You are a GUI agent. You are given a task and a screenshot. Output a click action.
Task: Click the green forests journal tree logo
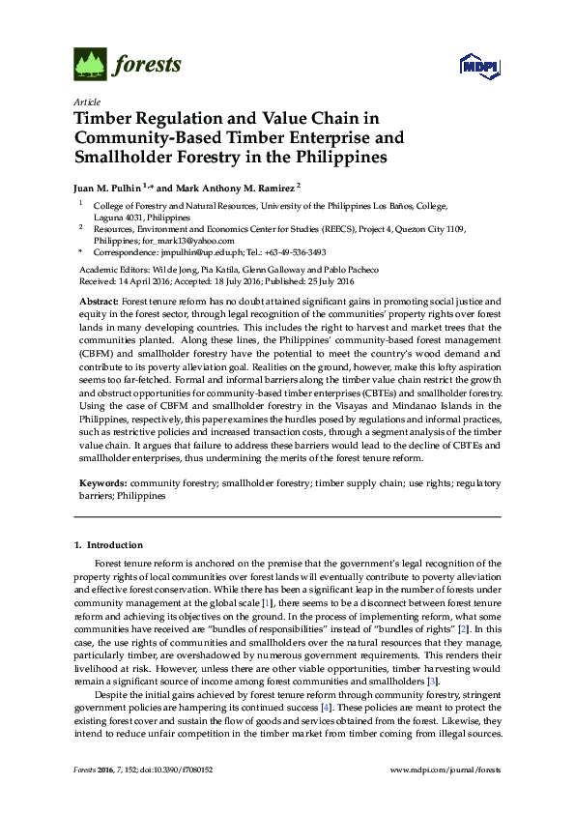(x=91, y=65)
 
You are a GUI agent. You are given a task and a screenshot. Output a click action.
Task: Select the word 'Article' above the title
(x=85, y=102)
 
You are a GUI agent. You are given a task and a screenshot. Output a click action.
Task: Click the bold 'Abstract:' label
(x=100, y=303)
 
